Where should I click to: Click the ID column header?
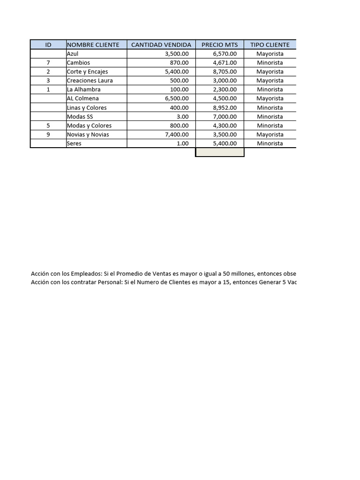48,45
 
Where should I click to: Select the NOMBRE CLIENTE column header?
93,45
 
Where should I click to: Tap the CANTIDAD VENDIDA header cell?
161,45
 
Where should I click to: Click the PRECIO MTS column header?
219,45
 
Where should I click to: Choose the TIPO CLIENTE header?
270,45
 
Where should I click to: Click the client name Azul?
73,54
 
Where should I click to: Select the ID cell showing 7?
48,63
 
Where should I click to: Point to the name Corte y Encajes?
87,72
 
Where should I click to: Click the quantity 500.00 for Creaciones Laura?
179,81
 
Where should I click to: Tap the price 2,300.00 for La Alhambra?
225,90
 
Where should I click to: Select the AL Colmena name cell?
82,98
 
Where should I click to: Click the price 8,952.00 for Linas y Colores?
225,108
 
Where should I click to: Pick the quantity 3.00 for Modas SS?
182,117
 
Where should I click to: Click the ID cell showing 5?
48,126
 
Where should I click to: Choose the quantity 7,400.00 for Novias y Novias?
176,135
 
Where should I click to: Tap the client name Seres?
74,143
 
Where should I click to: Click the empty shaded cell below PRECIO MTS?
219,152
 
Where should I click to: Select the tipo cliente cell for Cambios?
270,63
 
